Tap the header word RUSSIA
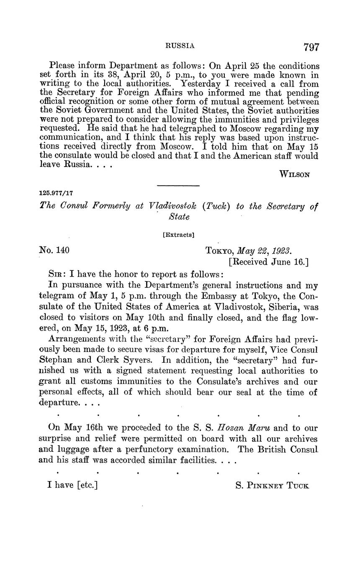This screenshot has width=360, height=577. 180,46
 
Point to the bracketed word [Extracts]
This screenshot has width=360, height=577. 178,235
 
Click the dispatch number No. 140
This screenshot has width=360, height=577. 54,250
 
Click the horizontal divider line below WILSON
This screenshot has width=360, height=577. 178,186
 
